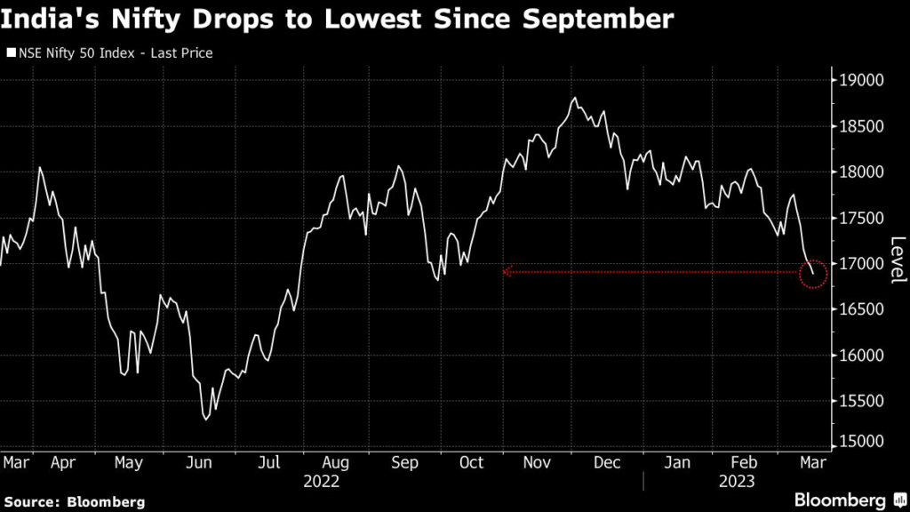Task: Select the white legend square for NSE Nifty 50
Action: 10,53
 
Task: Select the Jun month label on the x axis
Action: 199,462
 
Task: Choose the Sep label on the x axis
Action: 404,462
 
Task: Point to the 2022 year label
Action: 321,481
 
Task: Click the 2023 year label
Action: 736,481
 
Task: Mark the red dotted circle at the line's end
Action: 813,273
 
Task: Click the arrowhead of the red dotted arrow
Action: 507,272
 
